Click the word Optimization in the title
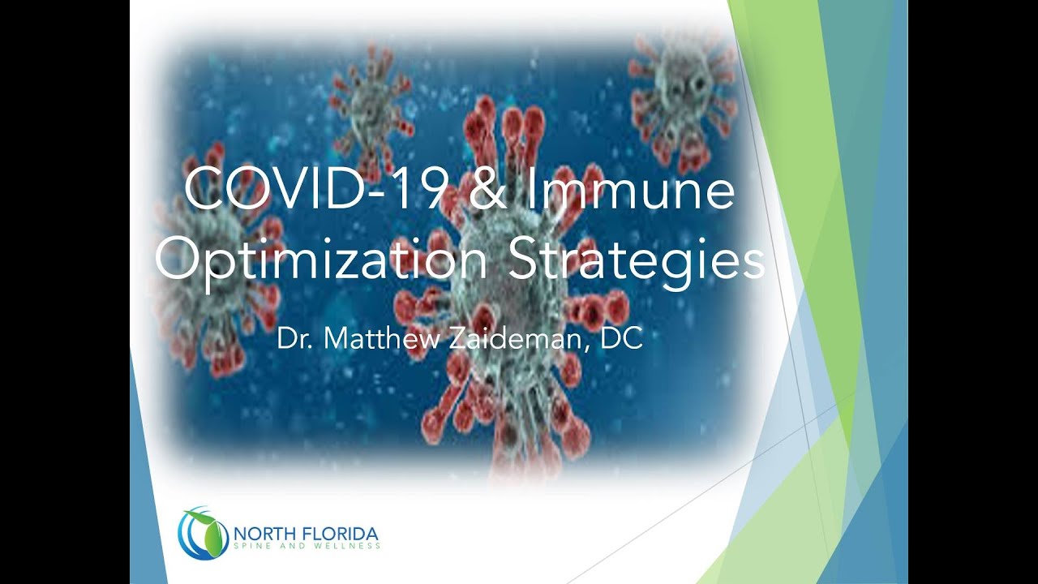point(320,262)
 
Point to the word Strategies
point(637,262)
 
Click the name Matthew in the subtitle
point(381,339)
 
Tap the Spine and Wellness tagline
point(307,546)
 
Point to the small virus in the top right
point(680,97)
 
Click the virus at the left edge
point(218,260)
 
